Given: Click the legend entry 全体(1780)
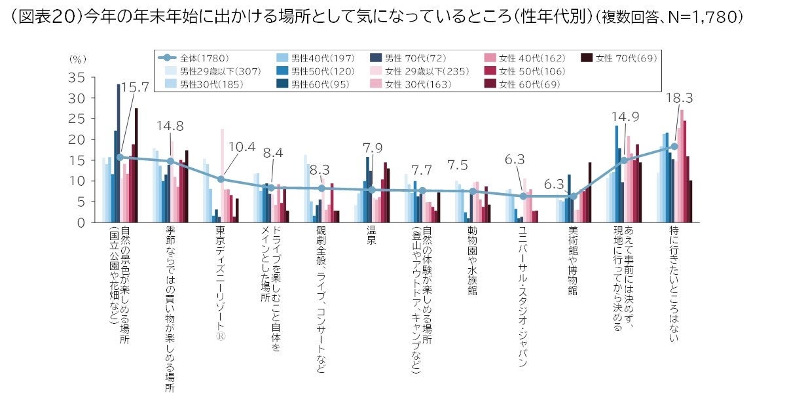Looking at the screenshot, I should click(x=194, y=58).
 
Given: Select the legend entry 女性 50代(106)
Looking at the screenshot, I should click(x=527, y=71).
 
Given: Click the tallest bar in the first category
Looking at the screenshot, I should click(x=119, y=153).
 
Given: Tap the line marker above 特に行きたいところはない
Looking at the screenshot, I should click(x=674, y=147).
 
